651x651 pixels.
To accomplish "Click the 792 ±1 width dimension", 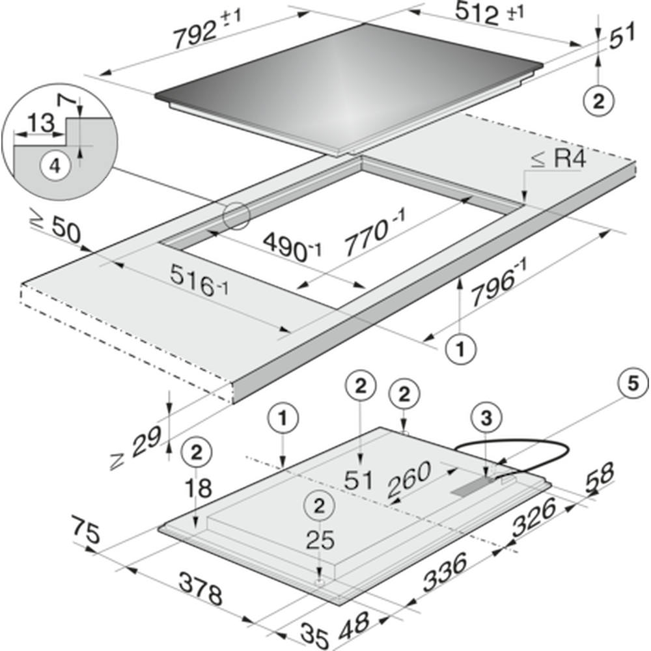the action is click(x=207, y=28).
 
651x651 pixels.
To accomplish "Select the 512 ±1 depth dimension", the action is click(x=489, y=13).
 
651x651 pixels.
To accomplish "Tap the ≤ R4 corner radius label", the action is click(x=559, y=159).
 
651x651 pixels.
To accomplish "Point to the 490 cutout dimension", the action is click(x=292, y=247).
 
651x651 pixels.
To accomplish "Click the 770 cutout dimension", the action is click(x=375, y=230).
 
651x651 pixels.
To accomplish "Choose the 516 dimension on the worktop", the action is click(x=199, y=281).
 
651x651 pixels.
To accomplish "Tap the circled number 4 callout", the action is click(x=55, y=167).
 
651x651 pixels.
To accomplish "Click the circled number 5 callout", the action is click(x=633, y=384).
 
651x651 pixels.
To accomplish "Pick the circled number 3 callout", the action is click(x=486, y=418).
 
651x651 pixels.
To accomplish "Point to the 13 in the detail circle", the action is click(x=41, y=123).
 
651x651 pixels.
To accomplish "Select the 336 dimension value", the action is click(x=445, y=573).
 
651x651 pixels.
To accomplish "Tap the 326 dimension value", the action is click(x=534, y=518).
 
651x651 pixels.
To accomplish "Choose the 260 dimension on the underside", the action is click(x=409, y=480).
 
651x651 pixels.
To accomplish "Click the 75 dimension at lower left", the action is click(x=86, y=529).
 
